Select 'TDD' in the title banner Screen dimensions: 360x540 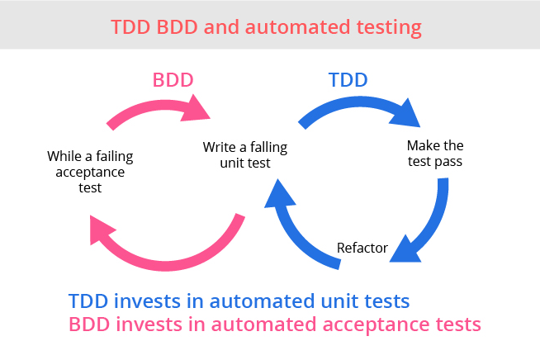(132, 27)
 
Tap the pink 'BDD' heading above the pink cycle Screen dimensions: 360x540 (174, 81)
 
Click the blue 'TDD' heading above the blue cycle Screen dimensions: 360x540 (348, 81)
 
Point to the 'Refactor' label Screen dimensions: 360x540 (362, 248)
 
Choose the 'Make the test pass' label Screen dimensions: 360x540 (434, 154)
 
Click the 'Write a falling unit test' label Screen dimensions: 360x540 (245, 155)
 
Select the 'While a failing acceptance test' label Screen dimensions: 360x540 (90, 171)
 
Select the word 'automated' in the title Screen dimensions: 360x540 (288, 27)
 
